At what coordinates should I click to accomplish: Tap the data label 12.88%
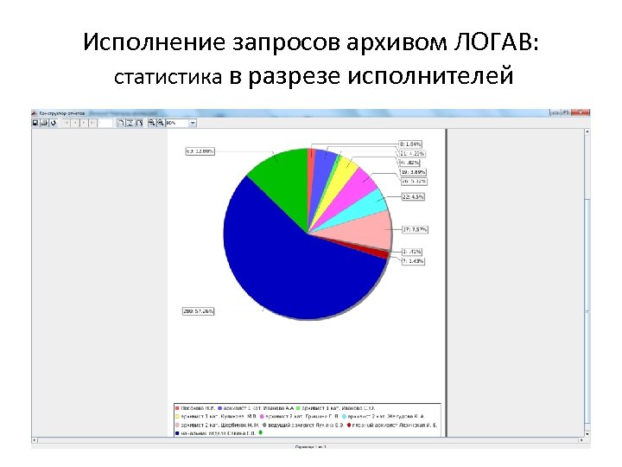point(200,150)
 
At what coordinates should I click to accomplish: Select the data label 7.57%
point(415,229)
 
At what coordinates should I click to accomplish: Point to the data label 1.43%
point(413,260)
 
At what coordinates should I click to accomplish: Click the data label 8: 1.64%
point(410,143)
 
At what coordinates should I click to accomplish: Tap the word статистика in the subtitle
point(169,79)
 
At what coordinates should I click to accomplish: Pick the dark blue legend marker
point(176,432)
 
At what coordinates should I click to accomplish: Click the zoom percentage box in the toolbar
point(177,123)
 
